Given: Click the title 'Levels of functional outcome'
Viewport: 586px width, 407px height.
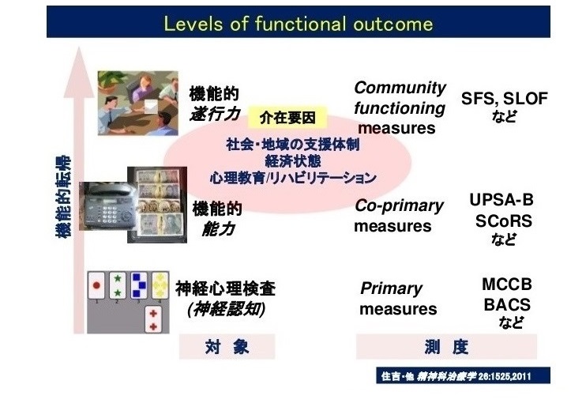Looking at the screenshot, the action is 299,24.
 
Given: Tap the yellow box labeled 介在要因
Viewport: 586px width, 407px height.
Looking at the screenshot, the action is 287,118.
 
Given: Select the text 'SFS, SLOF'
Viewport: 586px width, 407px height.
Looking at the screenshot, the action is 504,98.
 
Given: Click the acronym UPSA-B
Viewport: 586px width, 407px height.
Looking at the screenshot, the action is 501,200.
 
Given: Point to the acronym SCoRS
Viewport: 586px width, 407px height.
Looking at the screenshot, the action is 503,221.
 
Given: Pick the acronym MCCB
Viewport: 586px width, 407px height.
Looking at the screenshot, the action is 507,285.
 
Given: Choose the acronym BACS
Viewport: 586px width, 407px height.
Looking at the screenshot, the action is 507,304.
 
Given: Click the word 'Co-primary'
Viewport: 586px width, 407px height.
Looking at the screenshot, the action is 399,206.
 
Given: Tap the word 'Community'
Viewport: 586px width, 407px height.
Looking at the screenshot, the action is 400,89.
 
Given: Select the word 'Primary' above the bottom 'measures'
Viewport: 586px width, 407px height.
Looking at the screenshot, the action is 391,289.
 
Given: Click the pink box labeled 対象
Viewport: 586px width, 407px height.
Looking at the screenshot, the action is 227,347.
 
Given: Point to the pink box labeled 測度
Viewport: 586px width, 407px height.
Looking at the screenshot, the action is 446,347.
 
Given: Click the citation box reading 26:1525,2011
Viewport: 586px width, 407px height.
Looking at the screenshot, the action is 463,375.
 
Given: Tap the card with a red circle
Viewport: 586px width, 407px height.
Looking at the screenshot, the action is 96,286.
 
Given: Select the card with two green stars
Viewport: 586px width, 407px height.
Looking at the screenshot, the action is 118,286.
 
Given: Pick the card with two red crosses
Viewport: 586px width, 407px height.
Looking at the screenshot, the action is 153,320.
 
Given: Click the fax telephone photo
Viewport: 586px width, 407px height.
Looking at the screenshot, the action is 103,206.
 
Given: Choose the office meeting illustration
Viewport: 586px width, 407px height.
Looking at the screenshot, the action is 137,103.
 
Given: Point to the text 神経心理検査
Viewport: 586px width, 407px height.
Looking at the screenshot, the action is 225,289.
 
